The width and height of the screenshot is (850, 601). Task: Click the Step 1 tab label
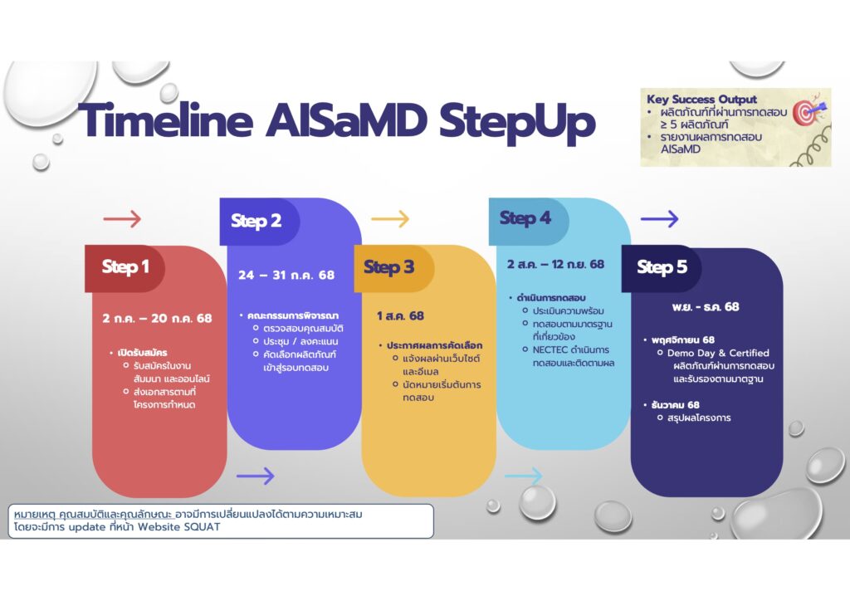point(125,267)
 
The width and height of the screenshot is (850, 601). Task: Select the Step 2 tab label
point(256,221)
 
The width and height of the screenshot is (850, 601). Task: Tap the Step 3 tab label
point(388,267)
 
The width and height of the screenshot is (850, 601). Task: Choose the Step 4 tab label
point(525,219)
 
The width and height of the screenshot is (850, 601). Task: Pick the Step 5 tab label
point(662,267)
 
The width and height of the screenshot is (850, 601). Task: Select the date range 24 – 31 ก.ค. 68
point(286,275)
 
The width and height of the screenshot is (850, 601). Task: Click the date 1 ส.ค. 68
point(400,316)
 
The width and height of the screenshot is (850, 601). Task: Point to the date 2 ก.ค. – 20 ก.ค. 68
point(157,318)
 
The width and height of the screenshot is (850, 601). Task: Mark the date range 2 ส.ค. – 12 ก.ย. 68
point(555,265)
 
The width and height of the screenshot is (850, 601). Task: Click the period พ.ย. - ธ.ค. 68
point(706,307)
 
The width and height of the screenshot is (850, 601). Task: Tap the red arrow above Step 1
point(122,219)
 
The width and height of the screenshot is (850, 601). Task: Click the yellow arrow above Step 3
point(390,219)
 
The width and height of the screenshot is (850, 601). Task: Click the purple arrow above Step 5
point(659,219)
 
